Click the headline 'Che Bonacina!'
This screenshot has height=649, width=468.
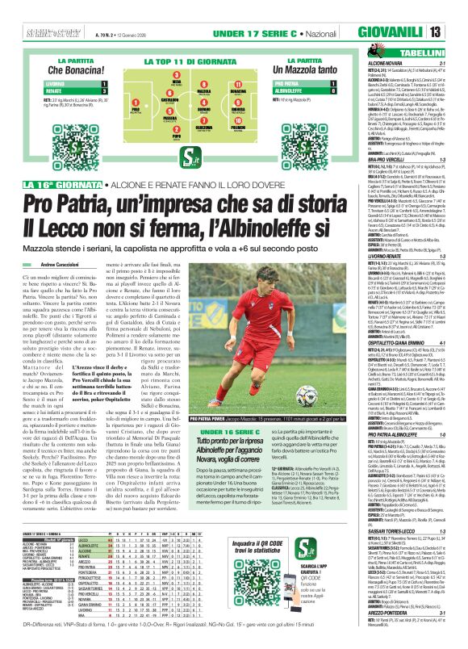[56, 71]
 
